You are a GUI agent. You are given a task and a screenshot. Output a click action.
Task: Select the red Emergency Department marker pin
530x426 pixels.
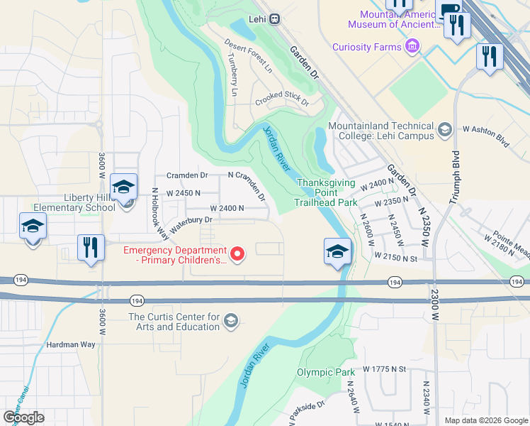pos(239,253)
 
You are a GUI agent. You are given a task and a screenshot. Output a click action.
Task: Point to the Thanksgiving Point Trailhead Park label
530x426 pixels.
pos(326,192)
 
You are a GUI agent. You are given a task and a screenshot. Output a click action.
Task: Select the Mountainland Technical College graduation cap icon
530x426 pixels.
pos(444,129)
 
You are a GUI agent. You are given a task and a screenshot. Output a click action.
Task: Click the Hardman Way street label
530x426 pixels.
pos(70,344)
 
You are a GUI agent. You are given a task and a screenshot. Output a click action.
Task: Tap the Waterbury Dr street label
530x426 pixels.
pos(189,220)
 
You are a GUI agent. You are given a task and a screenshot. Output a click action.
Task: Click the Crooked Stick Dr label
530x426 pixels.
pos(283,98)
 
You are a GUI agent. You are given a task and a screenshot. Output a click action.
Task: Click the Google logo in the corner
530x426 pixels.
pos(23,417)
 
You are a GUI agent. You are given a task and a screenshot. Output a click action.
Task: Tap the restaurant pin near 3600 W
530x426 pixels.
pos(91,248)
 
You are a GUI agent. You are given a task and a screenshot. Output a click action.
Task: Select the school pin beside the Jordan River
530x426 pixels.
pos(338,251)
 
